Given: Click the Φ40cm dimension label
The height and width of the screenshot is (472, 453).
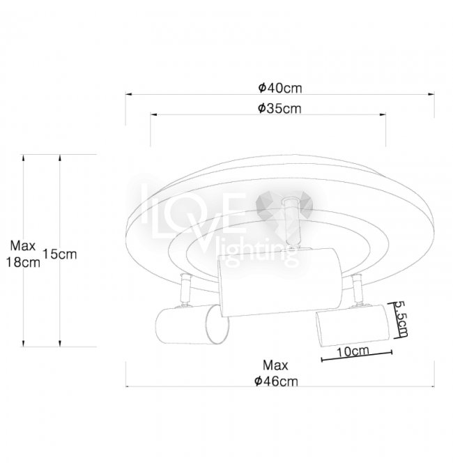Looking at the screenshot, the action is [x=280, y=88].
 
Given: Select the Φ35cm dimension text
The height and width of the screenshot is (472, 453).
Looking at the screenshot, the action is [x=279, y=108].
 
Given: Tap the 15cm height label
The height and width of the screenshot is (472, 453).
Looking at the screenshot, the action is [x=60, y=254].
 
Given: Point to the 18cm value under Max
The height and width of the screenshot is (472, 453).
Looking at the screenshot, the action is [x=23, y=262].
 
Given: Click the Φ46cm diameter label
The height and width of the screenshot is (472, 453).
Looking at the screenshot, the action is [x=276, y=381].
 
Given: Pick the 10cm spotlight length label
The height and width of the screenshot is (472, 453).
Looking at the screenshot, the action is [x=353, y=351].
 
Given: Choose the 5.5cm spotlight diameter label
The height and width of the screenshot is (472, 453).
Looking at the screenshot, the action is [x=401, y=319].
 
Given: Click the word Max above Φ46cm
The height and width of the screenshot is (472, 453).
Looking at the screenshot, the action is [x=275, y=365].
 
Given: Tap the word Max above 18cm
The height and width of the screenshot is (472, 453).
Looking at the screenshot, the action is [x=23, y=246].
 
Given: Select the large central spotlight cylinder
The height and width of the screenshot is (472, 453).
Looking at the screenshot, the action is [x=280, y=282].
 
